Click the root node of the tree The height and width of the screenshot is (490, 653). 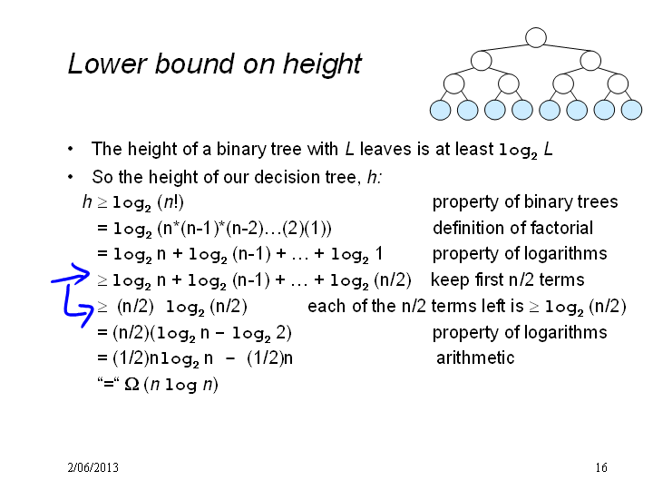536,37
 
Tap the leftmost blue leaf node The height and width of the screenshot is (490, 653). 440,111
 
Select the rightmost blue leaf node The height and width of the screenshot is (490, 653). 631,111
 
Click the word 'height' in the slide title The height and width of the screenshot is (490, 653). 322,64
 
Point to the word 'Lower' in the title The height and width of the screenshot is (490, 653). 107,64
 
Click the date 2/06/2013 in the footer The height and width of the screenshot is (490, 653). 93,467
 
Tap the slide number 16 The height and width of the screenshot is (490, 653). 601,467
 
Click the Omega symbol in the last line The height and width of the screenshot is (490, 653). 132,384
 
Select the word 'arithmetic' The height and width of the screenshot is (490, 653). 475,358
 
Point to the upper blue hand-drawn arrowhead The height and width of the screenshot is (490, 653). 82,273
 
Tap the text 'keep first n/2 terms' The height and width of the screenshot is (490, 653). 508,279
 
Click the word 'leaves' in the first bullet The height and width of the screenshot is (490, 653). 385,149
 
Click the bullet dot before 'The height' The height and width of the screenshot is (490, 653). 71,149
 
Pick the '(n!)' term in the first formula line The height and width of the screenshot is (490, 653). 171,202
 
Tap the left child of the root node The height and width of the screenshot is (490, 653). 482,61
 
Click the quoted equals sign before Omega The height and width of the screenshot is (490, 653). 108,383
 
